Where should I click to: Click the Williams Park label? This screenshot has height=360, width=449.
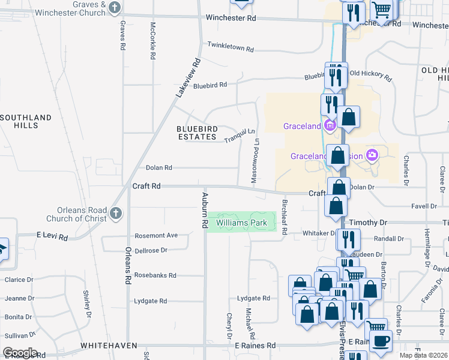242,223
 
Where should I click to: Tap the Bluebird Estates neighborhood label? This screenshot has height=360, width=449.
196,133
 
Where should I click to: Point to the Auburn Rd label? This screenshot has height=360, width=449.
204,211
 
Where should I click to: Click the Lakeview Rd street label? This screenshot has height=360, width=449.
187,79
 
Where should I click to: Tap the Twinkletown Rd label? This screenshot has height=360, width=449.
231,46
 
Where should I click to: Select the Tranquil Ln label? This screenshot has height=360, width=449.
240,136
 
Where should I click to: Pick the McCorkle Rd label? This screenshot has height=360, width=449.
153,40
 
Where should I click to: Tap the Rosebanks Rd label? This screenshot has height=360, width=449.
155,275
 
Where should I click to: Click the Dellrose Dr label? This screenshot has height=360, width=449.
150,250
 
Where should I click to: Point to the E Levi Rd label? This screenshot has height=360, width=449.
52,236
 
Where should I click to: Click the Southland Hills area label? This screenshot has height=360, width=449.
26,121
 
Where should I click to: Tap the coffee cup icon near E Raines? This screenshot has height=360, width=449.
379,341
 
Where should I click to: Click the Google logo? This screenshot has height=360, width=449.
20,353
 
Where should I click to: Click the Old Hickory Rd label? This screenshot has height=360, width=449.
370,76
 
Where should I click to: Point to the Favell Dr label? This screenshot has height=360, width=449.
424,206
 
